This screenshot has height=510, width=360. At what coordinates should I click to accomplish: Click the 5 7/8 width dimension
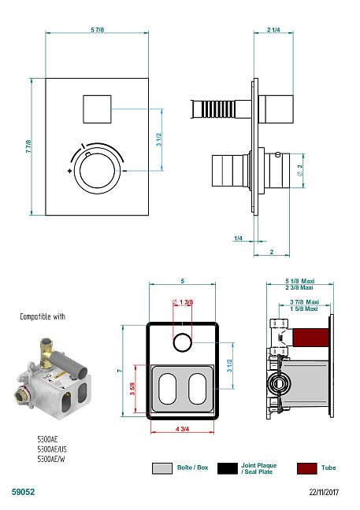point(98,30)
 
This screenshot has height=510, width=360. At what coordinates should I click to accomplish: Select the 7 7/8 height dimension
point(28,146)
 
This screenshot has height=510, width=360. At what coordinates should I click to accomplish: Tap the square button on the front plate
point(97,109)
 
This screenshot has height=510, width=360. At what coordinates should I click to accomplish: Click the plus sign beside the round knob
point(69,171)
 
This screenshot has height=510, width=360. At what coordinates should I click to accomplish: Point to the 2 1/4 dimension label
point(273,30)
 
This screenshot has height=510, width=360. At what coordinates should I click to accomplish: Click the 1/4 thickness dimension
point(238,238)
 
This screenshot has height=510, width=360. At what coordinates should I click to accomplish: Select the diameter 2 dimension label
point(300,170)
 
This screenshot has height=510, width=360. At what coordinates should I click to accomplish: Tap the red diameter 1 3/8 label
point(183,302)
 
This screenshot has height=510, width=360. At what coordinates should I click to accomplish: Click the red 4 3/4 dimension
point(182,429)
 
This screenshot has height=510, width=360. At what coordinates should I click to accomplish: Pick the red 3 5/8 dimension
point(132,389)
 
